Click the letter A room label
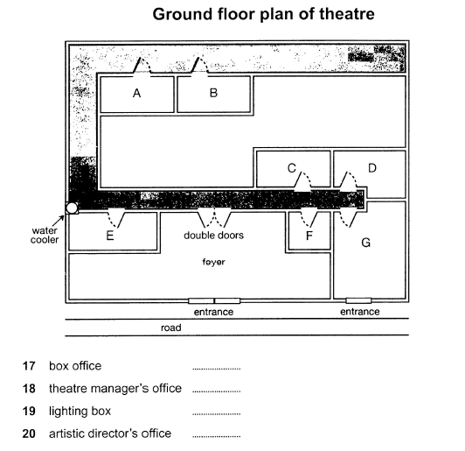tap(136, 93)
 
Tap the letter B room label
tap(213, 93)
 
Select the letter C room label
tap(292, 168)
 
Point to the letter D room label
tap(372, 168)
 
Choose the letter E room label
tap(110, 236)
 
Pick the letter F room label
tap(309, 236)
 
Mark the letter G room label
tap(366, 243)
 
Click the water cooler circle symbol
tap(72, 208)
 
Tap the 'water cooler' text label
tap(45, 235)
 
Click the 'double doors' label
tap(213, 235)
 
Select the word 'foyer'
tap(213, 262)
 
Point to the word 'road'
tap(170, 328)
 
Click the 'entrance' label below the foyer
tap(213, 312)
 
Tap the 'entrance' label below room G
tap(360, 312)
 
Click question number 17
tap(29, 366)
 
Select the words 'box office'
tap(75, 366)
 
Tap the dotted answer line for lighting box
tap(216, 414)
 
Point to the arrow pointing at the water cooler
tap(59, 221)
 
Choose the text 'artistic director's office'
tap(110, 433)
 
